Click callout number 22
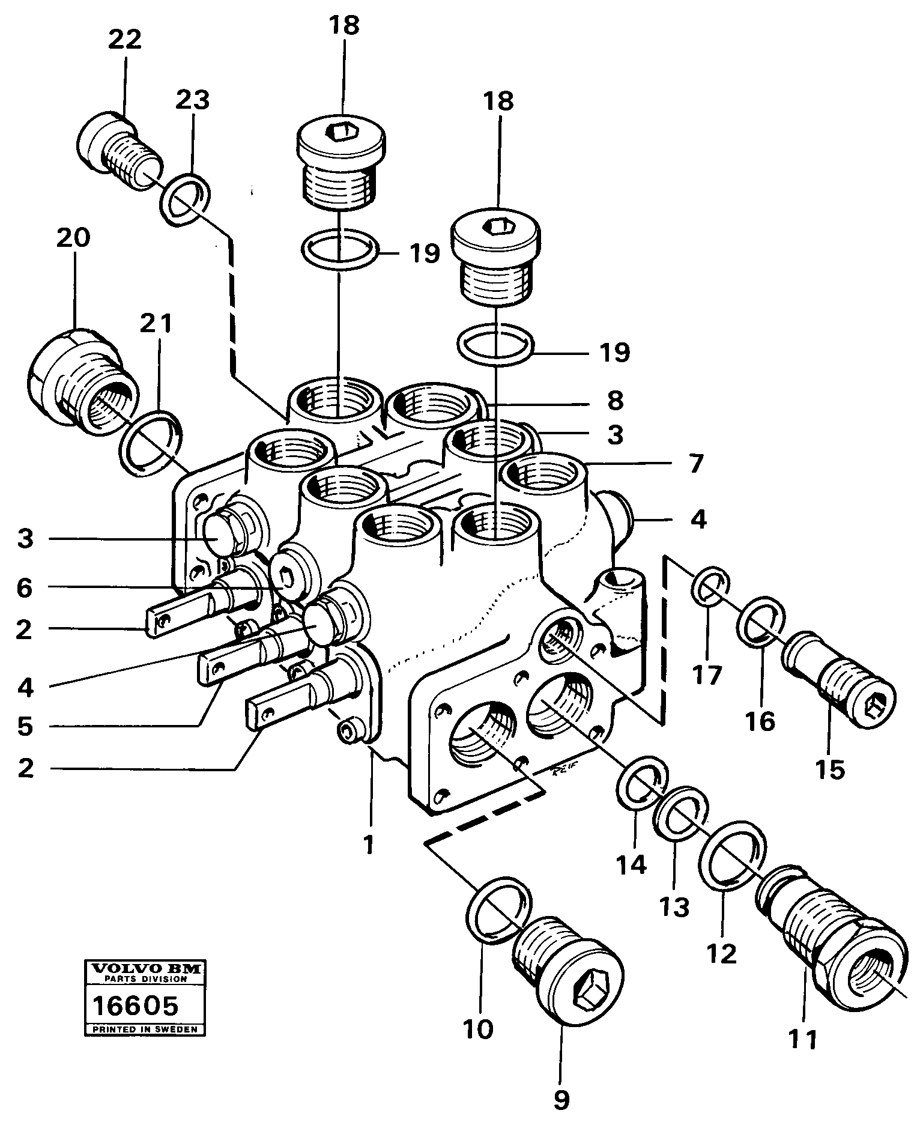[x=125, y=40]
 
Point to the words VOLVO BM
[x=144, y=968]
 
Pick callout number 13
[x=674, y=908]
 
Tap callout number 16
[x=760, y=721]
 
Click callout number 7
[x=695, y=464]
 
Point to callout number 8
[x=615, y=399]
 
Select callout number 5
[x=25, y=726]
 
